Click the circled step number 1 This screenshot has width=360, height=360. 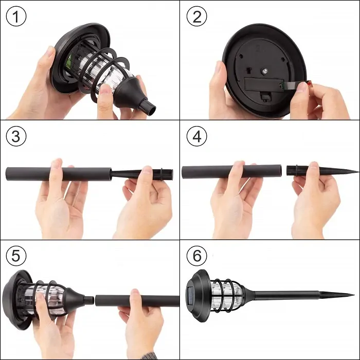(16, 16)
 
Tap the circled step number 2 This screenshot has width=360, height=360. (197, 16)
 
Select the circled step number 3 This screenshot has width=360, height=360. (16, 136)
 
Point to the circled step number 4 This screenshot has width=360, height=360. (197, 136)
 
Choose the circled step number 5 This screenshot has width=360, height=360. (16, 256)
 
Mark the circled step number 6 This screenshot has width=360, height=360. (197, 256)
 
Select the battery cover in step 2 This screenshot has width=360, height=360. (263, 84)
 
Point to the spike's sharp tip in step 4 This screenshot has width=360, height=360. (358, 171)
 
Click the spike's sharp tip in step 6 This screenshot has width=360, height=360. (354, 295)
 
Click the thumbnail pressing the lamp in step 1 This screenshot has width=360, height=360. (105, 89)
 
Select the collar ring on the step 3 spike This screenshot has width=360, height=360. (161, 174)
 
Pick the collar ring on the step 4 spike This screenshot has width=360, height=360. (297, 171)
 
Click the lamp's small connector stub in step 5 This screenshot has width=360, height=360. (89, 300)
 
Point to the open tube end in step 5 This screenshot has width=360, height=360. (96, 301)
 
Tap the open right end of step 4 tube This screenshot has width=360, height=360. (281, 171)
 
